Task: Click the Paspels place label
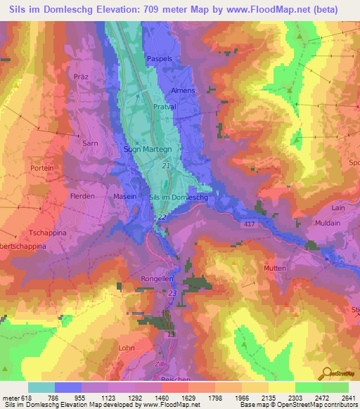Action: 158,58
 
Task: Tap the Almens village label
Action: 183,91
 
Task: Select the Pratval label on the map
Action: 165,108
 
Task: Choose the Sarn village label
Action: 89,143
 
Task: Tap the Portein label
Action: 42,169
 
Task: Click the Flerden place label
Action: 82,196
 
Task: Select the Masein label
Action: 125,197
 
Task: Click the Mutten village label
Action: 275,268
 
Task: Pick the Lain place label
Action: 337,208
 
